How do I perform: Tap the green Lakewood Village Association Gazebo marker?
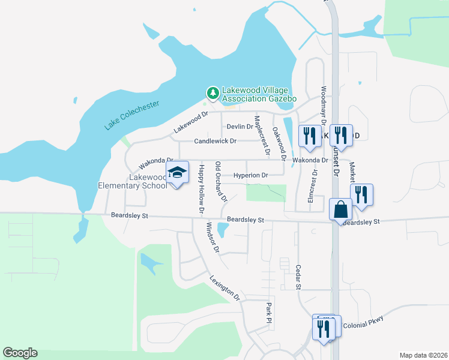coord(212,93)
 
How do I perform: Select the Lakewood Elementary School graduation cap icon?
coord(177,173)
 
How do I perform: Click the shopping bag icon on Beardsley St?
coord(340,210)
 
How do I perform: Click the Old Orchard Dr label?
coord(221,181)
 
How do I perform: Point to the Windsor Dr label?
coord(213,237)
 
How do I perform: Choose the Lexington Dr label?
coord(225,288)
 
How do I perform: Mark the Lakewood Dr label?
coord(190,122)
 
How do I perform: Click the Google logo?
coord(20,353)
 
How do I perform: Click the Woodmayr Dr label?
coord(324,106)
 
